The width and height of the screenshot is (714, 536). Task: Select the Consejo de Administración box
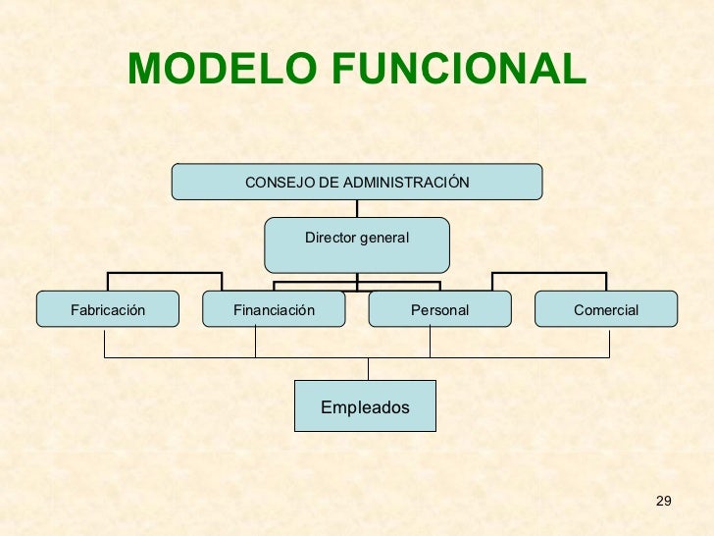coord(357,182)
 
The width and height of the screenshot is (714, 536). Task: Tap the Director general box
coord(357,244)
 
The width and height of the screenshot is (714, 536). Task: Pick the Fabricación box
coord(108,309)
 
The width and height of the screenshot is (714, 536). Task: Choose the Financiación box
coord(274,309)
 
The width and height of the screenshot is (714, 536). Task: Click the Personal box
coord(439,309)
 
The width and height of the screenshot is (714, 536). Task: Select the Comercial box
coord(605,309)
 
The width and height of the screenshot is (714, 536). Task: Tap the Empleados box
coord(365,406)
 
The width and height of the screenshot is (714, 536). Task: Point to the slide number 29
coord(663,503)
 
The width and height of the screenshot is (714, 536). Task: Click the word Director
coord(331,238)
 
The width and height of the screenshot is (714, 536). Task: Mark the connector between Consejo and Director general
coord(357,208)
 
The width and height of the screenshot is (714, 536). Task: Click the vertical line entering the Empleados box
coord(369,369)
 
